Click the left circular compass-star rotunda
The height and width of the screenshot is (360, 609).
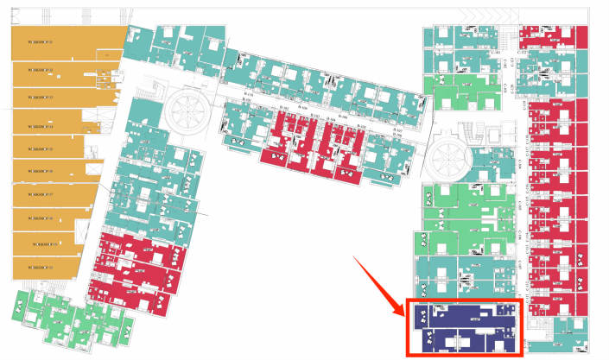[187, 110]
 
